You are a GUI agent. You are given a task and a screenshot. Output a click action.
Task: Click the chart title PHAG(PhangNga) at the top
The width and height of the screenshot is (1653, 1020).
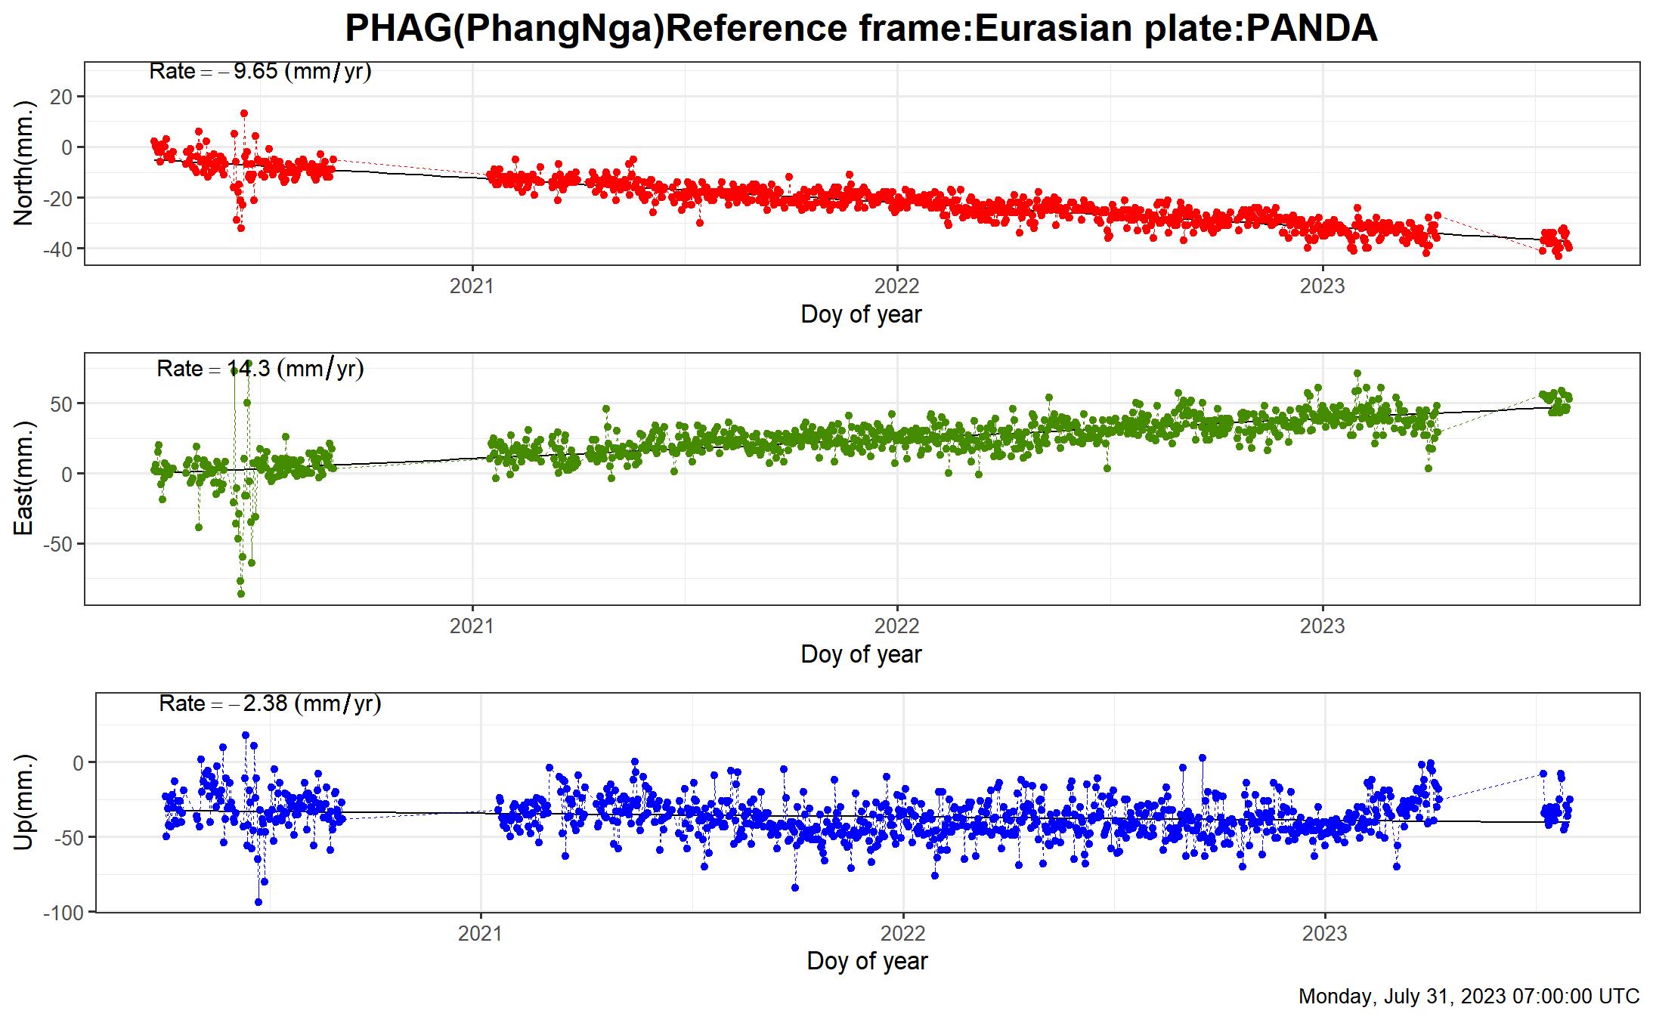(861, 29)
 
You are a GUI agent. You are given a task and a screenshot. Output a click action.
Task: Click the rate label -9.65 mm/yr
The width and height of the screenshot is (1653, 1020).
(260, 72)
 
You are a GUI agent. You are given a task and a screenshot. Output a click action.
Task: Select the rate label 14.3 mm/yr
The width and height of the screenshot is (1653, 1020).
(260, 369)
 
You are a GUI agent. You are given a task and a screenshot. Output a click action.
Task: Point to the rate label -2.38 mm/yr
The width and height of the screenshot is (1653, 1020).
(270, 703)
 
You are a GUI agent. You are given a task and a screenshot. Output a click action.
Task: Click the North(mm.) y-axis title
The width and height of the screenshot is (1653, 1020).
(24, 162)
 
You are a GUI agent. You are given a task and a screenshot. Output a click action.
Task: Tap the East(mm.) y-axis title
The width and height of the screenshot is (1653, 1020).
(24, 478)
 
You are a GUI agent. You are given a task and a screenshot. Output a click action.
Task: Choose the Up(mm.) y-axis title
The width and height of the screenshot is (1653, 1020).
(24, 802)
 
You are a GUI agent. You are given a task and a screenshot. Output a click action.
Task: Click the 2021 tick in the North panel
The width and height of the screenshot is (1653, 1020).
(472, 286)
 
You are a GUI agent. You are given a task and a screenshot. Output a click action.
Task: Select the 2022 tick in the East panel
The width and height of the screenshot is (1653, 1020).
(896, 626)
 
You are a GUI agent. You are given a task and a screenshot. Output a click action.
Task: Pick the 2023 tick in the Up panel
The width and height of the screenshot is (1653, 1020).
(1324, 934)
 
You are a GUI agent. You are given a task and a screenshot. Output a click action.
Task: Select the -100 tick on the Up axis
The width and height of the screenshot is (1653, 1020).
(63, 913)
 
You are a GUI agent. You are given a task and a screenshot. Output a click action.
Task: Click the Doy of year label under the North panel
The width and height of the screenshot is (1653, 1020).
(861, 314)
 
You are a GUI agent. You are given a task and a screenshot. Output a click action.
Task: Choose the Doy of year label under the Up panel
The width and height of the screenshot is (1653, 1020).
(867, 961)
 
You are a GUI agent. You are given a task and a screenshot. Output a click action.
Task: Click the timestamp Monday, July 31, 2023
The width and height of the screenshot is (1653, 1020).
(1469, 997)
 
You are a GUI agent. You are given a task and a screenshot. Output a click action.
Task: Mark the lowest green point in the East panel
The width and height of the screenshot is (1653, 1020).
(241, 594)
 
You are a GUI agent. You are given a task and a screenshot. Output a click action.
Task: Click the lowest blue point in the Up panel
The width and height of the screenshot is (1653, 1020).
(258, 902)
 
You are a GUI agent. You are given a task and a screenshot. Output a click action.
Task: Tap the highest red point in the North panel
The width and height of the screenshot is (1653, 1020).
(244, 113)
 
